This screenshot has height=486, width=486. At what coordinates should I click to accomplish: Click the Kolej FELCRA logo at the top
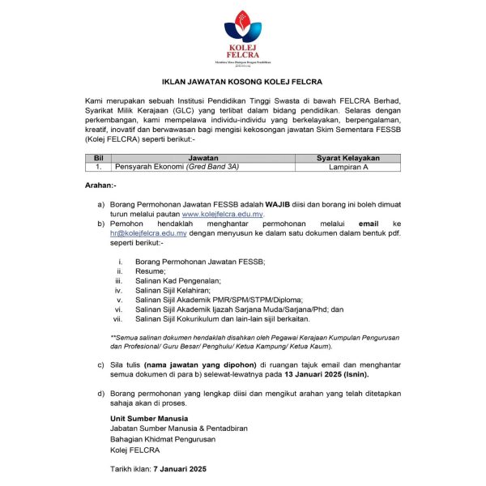click(x=243, y=36)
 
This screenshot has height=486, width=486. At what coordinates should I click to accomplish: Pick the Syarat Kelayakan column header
click(x=348, y=158)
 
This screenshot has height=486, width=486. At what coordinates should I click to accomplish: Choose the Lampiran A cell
click(x=348, y=167)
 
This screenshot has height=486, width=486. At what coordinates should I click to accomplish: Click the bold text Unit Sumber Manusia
click(x=148, y=418)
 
